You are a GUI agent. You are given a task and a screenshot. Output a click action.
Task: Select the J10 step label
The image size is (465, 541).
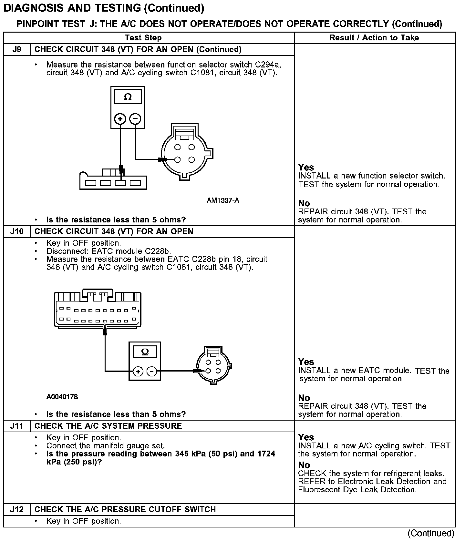coord(17,231)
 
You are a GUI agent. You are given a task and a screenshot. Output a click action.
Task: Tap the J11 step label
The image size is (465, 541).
coord(17,426)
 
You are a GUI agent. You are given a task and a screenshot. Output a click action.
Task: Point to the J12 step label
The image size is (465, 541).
coord(17,509)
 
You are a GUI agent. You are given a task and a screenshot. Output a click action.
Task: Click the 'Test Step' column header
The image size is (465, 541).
coord(143,38)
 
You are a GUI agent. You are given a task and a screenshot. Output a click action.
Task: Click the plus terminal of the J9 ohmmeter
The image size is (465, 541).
coord(120,119)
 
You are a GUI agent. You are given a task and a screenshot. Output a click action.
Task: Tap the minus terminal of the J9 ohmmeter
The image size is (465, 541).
coord(135,119)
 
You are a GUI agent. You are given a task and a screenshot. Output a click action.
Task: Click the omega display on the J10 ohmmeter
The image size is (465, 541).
coord(145,352)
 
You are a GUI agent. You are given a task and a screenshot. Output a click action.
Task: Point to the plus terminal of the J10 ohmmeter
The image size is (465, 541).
coord(138,372)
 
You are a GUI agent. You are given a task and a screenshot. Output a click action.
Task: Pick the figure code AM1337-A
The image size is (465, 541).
coord(223,200)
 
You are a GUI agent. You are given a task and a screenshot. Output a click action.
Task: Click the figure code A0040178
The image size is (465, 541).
coord(62,397)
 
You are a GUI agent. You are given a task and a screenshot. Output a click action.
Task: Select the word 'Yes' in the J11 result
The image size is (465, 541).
coord(306,437)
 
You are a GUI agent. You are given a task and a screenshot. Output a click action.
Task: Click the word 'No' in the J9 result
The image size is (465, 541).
coord(304,203)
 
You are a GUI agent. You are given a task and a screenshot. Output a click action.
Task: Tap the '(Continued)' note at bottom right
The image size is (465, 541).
coord(431,533)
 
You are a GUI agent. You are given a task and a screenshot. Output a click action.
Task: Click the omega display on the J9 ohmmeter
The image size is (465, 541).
coord(128,97)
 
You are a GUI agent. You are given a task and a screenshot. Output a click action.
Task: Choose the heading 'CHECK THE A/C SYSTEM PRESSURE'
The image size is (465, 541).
coord(108,426)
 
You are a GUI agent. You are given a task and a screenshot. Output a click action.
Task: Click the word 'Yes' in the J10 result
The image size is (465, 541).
coord(306,362)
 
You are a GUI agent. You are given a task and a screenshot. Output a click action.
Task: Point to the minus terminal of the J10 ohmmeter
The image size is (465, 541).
coord(152,372)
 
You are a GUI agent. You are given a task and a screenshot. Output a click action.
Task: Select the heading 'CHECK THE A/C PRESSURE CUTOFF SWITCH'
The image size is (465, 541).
coord(125,509)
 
